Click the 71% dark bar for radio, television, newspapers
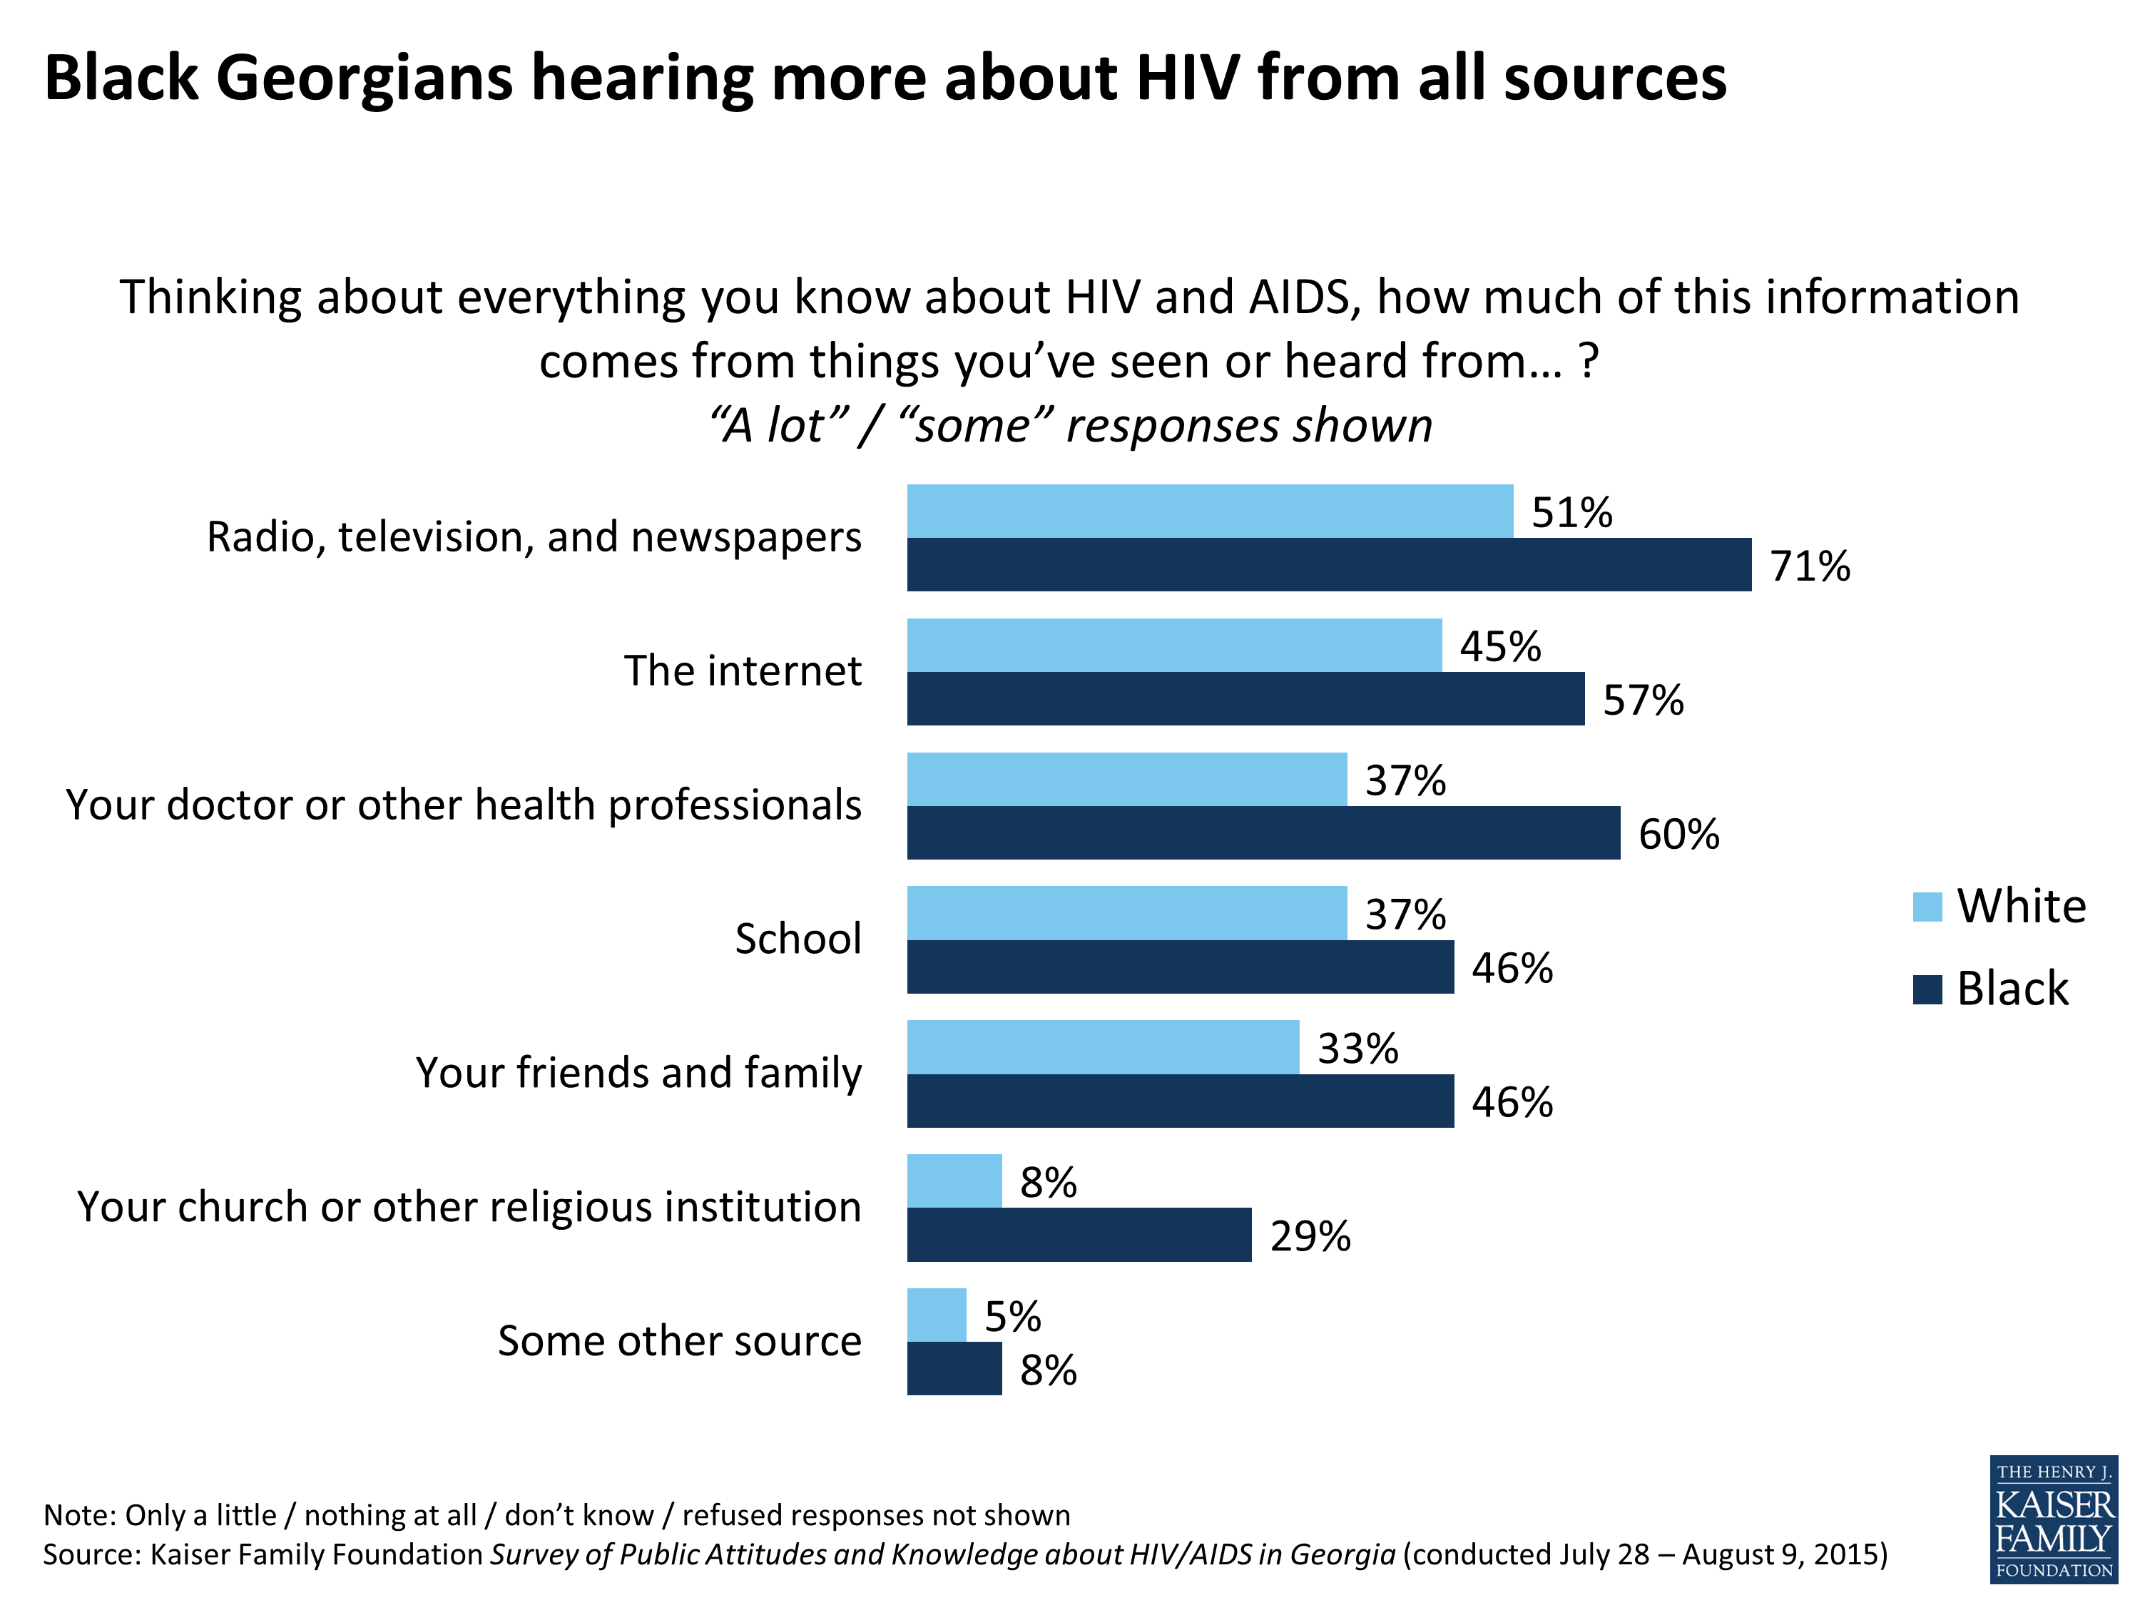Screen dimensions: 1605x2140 click(1328, 564)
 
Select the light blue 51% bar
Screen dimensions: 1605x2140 click(1209, 511)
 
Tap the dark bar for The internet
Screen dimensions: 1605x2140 click(1245, 698)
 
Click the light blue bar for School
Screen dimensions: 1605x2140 click(1126, 912)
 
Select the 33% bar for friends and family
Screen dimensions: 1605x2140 click(1103, 1046)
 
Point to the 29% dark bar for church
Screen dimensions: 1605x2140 click(1079, 1235)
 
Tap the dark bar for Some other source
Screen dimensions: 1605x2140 click(954, 1368)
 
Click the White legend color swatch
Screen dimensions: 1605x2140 click(1927, 907)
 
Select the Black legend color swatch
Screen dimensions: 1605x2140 click(1927, 989)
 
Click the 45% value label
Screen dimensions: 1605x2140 click(1499, 646)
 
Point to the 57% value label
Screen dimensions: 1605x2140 click(1643, 700)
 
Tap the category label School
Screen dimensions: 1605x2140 click(798, 939)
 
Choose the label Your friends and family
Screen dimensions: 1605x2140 click(638, 1072)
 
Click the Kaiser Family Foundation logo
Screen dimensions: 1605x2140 click(2053, 1519)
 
